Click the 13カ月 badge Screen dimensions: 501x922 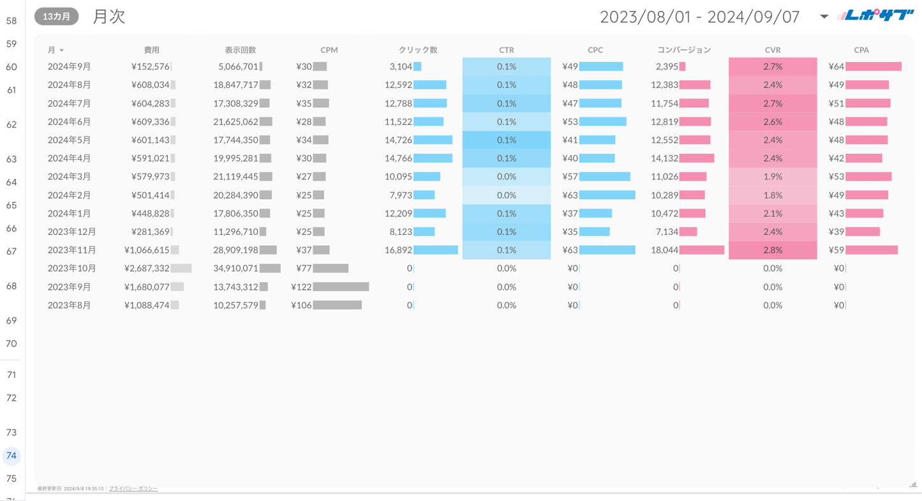pos(57,17)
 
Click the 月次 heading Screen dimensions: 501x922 pos(109,17)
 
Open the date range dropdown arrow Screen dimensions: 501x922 pos(824,17)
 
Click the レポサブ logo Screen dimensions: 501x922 pos(876,15)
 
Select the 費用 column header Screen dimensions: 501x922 pos(152,50)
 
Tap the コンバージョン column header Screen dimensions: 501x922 pos(684,50)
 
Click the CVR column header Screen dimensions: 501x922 pos(773,50)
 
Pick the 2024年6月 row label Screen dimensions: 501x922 pos(69,122)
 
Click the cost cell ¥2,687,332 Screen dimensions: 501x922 pos(147,269)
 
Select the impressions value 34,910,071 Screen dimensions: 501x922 pos(235,269)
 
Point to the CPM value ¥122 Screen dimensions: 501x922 pos(301,287)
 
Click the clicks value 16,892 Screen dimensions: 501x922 pos(398,250)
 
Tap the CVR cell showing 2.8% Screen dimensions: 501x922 pos(773,250)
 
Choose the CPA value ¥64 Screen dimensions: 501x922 pos(836,67)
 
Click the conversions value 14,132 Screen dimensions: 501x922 pos(664,158)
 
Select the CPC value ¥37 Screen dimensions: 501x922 pos(570,214)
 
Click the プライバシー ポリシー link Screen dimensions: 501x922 pos(133,489)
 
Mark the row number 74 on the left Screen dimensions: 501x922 pos(11,456)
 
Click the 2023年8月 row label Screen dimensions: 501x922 pos(69,306)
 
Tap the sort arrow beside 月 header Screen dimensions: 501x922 pos(62,50)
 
